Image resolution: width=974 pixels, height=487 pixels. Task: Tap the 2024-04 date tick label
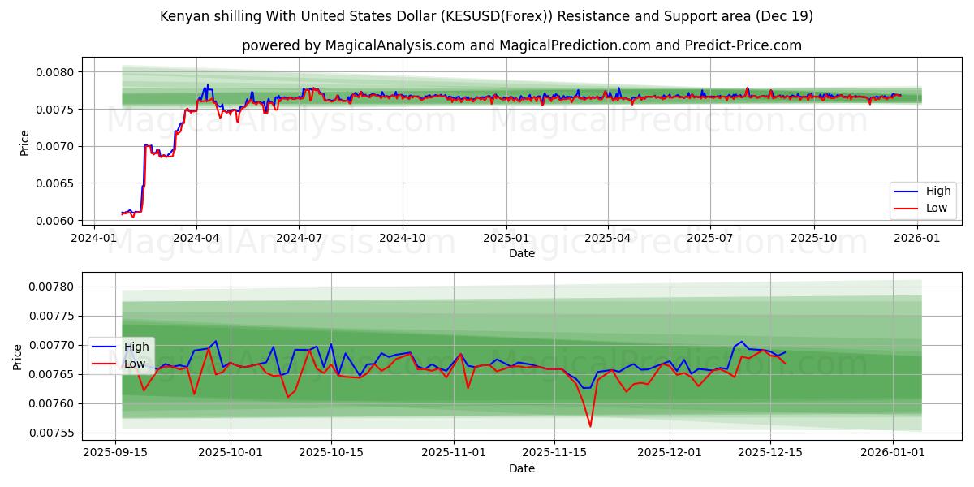coord(196,238)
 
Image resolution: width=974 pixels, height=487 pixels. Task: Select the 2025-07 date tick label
coord(710,238)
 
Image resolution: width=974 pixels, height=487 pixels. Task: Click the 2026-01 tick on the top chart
coord(916,238)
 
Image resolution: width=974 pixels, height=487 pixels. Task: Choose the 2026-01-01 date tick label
coord(893,452)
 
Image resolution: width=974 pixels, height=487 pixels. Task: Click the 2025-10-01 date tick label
coord(232,452)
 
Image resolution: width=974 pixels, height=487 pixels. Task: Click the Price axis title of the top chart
coord(24,143)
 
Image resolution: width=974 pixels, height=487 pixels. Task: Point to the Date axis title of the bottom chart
coord(522,468)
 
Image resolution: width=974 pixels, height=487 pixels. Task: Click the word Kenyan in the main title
coord(182,16)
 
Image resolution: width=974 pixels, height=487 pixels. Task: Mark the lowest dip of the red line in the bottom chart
coord(590,426)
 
